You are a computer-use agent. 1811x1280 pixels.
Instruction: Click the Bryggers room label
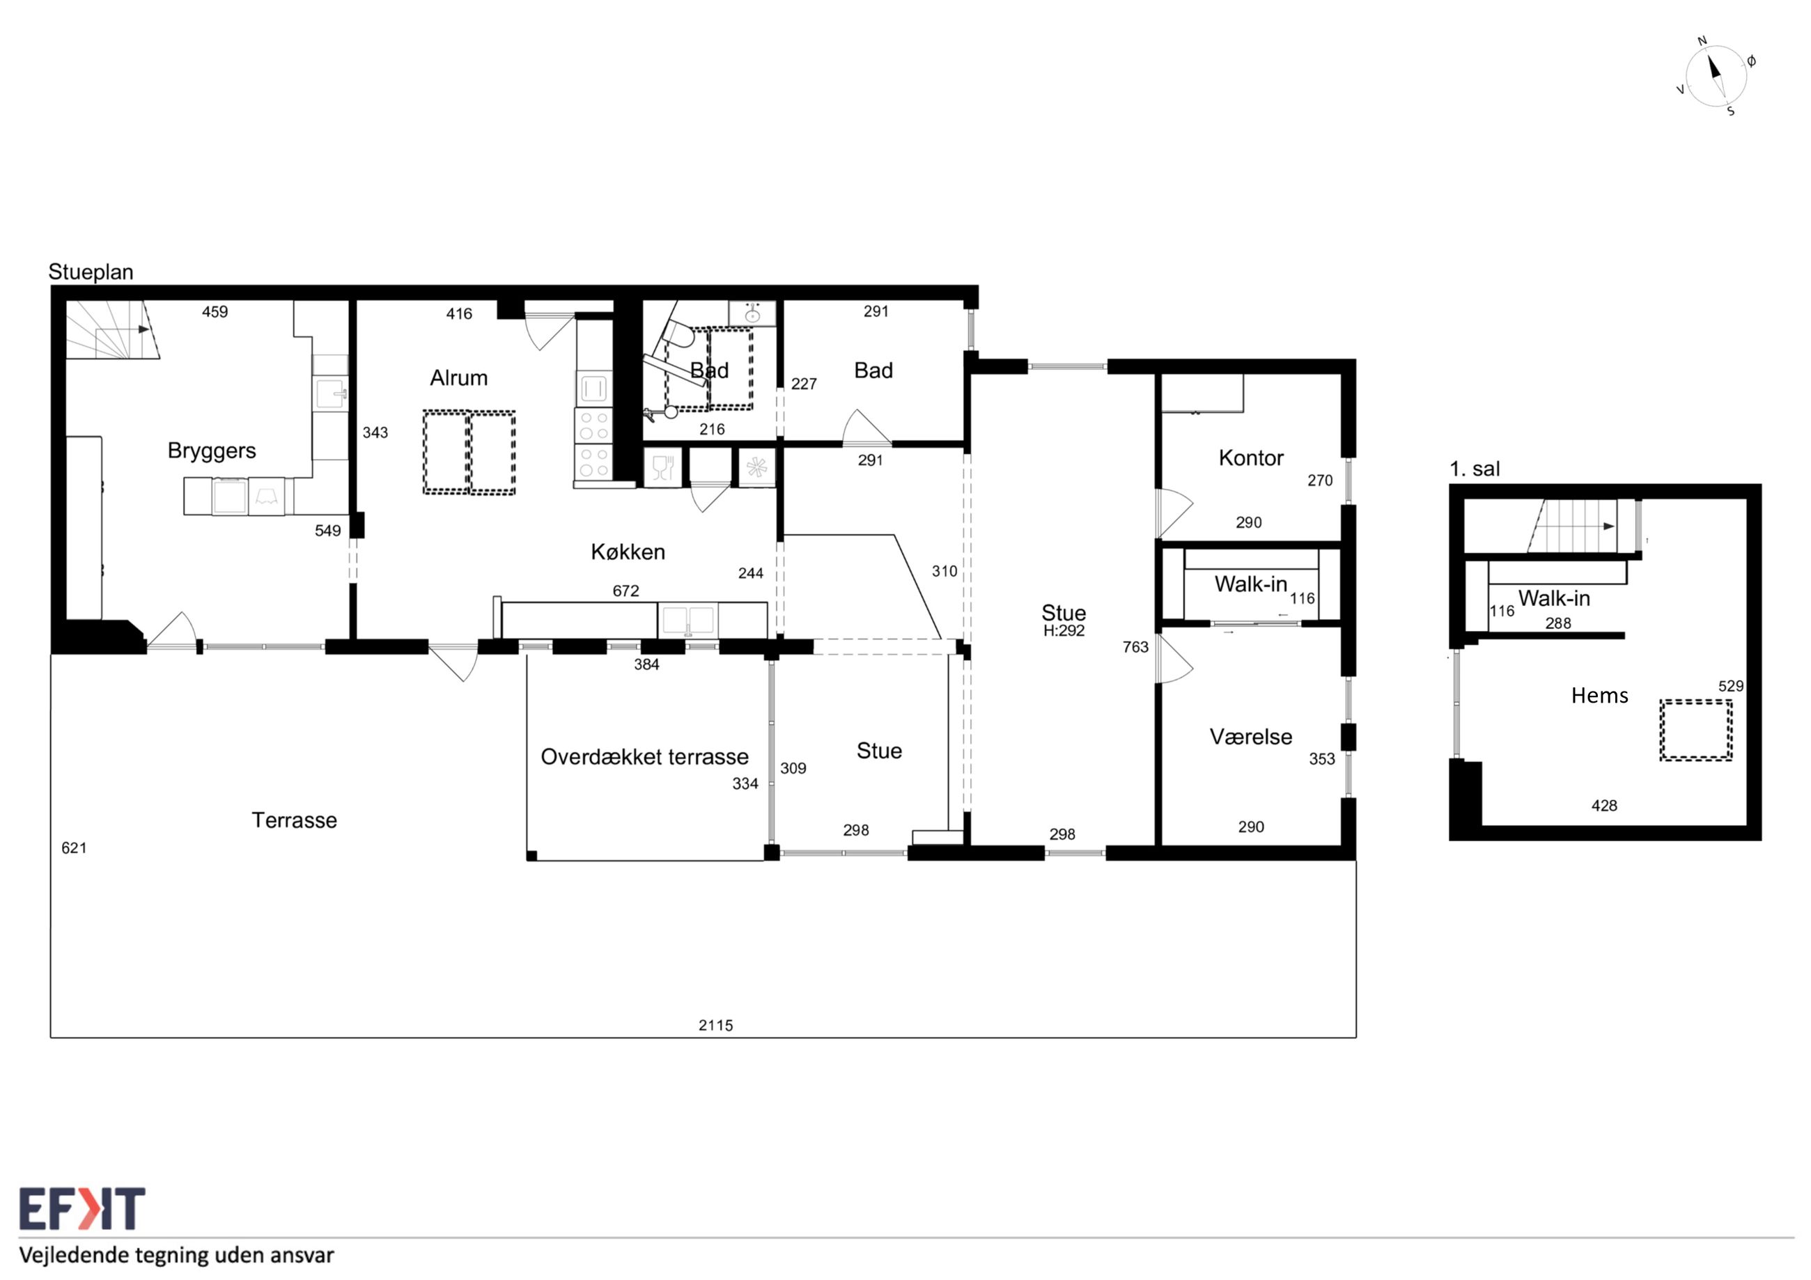211,451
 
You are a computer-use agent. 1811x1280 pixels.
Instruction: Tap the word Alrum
458,377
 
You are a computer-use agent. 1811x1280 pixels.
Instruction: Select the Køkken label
628,552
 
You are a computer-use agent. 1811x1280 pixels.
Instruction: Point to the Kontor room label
1251,458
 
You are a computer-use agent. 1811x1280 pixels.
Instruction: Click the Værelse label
1251,737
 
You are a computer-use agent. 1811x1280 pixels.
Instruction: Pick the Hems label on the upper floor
1600,695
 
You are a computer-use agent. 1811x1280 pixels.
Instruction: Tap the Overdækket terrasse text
644,756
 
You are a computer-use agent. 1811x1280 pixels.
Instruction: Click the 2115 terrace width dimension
715,1025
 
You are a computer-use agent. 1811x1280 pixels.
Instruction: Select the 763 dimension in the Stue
1135,647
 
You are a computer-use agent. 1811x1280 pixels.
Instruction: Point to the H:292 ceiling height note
1063,630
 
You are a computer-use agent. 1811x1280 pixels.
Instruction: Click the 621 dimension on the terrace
74,848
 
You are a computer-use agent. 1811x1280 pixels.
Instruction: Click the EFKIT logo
82,1208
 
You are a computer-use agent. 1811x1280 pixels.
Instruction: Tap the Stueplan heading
91,272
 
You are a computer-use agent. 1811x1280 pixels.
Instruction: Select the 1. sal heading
1474,469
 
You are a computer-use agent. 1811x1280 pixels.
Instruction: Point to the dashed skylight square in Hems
1696,731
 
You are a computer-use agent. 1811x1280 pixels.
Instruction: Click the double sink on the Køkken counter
687,621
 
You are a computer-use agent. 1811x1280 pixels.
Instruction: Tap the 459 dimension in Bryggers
215,311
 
